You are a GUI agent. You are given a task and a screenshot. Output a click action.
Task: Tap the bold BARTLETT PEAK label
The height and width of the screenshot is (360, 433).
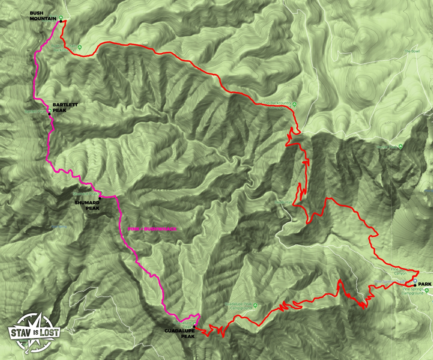click(x=65, y=107)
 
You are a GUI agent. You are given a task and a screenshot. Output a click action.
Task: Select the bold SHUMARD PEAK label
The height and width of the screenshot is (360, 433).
click(x=87, y=205)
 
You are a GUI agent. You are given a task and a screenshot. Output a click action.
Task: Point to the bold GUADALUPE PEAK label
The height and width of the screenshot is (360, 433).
click(x=179, y=333)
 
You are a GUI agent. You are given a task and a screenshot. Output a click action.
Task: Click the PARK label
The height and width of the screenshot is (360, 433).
click(x=425, y=284)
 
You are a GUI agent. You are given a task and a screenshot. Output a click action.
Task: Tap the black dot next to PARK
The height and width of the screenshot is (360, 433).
click(x=415, y=285)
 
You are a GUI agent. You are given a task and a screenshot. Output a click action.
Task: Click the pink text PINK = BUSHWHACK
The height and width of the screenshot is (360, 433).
click(x=152, y=229)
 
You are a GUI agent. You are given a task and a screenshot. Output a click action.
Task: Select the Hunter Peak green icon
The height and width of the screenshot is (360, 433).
click(x=401, y=146)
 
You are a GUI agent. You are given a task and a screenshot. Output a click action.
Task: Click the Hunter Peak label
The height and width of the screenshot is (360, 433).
click(x=387, y=147)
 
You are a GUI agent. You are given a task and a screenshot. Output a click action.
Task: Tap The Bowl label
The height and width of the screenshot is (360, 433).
click(x=412, y=51)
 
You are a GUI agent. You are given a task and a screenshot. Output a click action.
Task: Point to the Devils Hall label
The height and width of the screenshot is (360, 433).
click(x=283, y=202)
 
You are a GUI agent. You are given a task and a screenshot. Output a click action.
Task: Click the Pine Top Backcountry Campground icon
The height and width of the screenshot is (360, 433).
click(x=294, y=104)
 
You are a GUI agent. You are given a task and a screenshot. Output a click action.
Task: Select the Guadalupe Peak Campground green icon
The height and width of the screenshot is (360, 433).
click(x=255, y=305)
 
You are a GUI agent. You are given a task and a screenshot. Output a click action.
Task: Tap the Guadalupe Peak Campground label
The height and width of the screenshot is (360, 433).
click(x=238, y=306)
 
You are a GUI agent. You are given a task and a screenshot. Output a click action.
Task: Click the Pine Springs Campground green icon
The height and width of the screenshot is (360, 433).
click(x=427, y=290)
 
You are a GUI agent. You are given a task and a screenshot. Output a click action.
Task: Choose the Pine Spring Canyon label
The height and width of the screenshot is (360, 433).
click(x=400, y=271)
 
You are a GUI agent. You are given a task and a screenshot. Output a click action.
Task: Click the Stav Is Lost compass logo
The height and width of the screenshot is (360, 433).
click(x=34, y=333)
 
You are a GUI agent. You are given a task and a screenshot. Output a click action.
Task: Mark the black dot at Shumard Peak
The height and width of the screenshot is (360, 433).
click(x=100, y=198)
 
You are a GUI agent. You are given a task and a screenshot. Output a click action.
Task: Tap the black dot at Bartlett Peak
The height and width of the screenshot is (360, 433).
click(x=49, y=114)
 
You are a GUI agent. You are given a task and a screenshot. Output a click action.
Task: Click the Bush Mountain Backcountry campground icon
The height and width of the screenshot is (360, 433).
click(x=80, y=47)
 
